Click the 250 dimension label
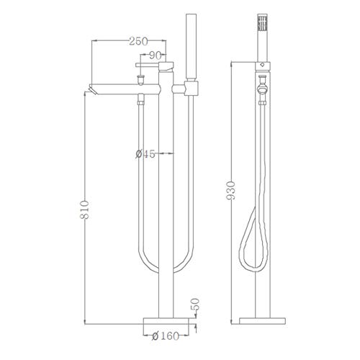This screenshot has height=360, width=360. tap(138, 42)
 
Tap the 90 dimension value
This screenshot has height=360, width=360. tap(155, 55)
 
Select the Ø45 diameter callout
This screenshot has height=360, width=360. tap(145, 154)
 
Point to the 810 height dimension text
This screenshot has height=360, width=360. tap(84, 210)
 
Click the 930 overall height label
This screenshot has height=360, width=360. tap(231, 191)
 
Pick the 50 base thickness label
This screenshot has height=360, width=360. tap(196, 304)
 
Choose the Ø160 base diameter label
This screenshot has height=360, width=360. tap(166, 336)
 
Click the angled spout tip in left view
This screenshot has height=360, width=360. tap(92, 89)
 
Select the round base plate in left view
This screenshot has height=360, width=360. tap(166, 321)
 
